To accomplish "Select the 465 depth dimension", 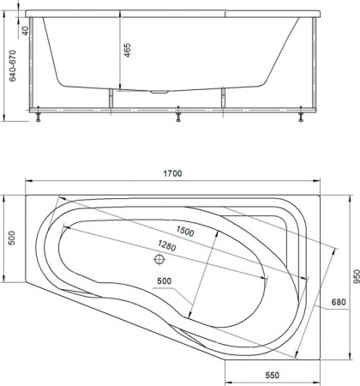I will pos(127,50).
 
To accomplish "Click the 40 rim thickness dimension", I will pos(27,32).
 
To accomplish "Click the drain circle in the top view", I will pos(159,258).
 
